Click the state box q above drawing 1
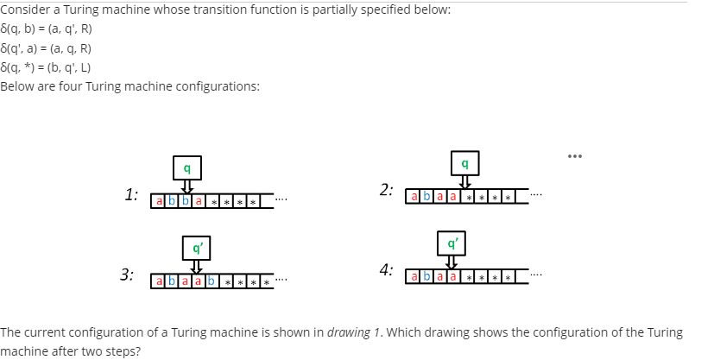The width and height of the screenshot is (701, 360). coord(186,164)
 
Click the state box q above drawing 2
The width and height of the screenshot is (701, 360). coord(465,161)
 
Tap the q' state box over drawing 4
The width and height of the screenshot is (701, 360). coord(450,243)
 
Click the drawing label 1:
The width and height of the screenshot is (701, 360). coord(131,194)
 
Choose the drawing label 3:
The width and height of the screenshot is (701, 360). coord(127,275)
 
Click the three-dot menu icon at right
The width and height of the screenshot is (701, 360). coord(574,156)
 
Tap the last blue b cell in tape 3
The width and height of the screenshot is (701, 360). coord(212,281)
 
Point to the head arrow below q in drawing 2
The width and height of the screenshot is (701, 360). coord(465,182)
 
